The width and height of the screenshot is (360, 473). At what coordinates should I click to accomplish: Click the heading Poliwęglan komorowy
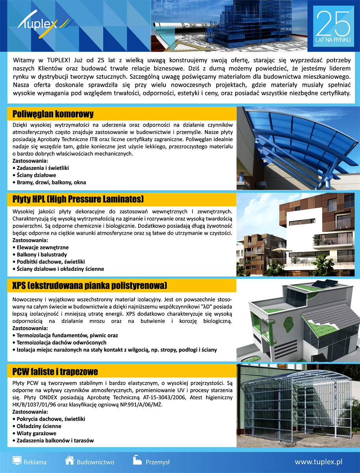pyautogui.click(x=53, y=114)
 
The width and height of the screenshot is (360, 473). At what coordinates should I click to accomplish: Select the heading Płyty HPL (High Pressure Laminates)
pyautogui.click(x=78, y=198)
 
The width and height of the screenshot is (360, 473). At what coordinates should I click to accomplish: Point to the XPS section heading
pyautogui.click(x=90, y=285)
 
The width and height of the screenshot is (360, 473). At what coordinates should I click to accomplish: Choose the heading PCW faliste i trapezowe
pyautogui.click(x=55, y=372)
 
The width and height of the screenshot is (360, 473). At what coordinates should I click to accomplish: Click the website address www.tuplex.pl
pyautogui.click(x=318, y=462)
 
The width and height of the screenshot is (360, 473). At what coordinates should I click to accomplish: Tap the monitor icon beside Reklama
pyautogui.click(x=17, y=460)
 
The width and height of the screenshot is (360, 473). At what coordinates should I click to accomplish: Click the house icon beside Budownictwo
pyautogui.click(x=70, y=460)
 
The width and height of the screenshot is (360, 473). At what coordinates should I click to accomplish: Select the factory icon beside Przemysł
pyautogui.click(x=137, y=460)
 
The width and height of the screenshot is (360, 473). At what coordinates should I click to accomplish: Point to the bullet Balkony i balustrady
pyautogui.click(x=42, y=255)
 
